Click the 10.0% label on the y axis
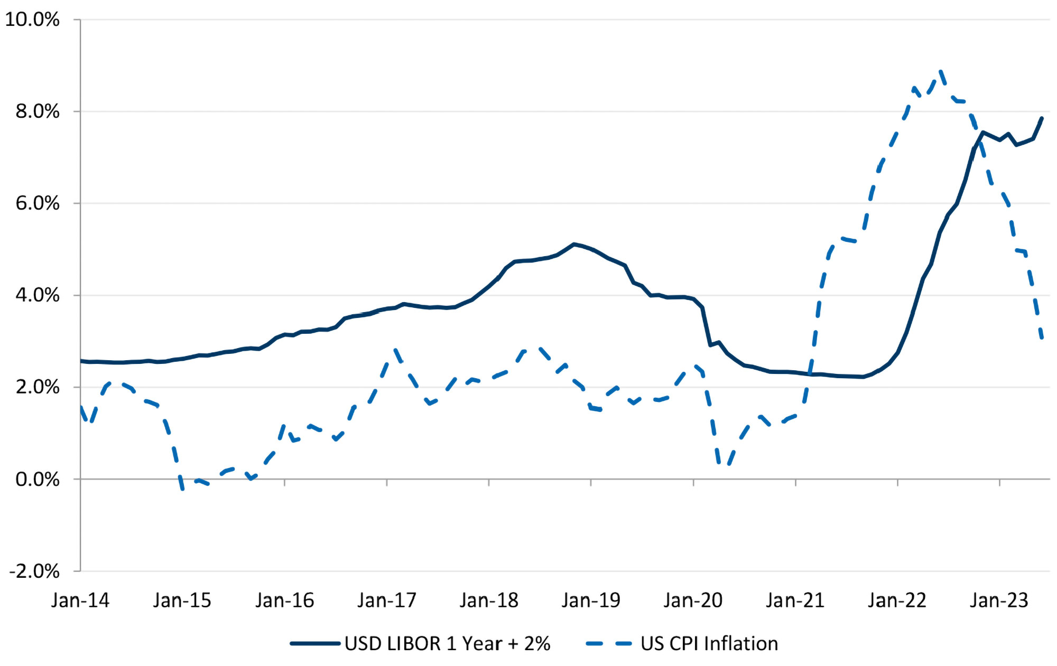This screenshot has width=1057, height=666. click(32, 20)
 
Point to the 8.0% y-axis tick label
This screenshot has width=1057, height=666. click(37, 111)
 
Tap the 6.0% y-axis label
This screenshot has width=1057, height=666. click(37, 203)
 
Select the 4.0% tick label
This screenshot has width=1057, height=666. click(37, 295)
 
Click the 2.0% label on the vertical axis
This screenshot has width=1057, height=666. click(37, 387)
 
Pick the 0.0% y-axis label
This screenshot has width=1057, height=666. click(37, 479)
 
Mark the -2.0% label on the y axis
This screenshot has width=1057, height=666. click(34, 571)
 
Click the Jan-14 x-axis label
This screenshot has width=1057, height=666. click(80, 601)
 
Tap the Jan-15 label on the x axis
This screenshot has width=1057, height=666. click(182, 601)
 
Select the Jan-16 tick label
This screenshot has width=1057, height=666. click(284, 601)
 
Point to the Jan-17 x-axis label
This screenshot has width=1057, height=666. click(387, 601)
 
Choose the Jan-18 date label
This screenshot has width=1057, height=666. click(489, 601)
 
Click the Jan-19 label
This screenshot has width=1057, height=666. click(591, 601)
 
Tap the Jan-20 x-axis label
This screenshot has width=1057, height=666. click(693, 601)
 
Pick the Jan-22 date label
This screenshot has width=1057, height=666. click(897, 601)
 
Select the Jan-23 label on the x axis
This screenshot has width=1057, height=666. click(999, 601)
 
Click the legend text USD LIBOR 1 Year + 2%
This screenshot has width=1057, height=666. click(447, 644)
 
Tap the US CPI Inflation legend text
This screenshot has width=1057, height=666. click(709, 644)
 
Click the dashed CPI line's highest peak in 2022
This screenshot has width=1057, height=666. click(941, 72)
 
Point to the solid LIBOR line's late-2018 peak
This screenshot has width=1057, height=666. click(574, 244)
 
